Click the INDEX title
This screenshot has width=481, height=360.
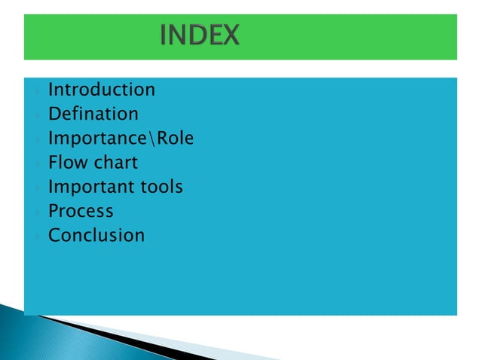(x=200, y=35)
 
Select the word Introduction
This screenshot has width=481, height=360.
(x=102, y=90)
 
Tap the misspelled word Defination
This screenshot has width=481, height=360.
(x=93, y=114)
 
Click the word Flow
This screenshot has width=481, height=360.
(x=66, y=163)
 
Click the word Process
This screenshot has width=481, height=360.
(x=81, y=211)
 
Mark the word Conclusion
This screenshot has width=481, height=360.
(x=97, y=235)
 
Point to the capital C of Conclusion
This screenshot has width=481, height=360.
(x=54, y=235)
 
